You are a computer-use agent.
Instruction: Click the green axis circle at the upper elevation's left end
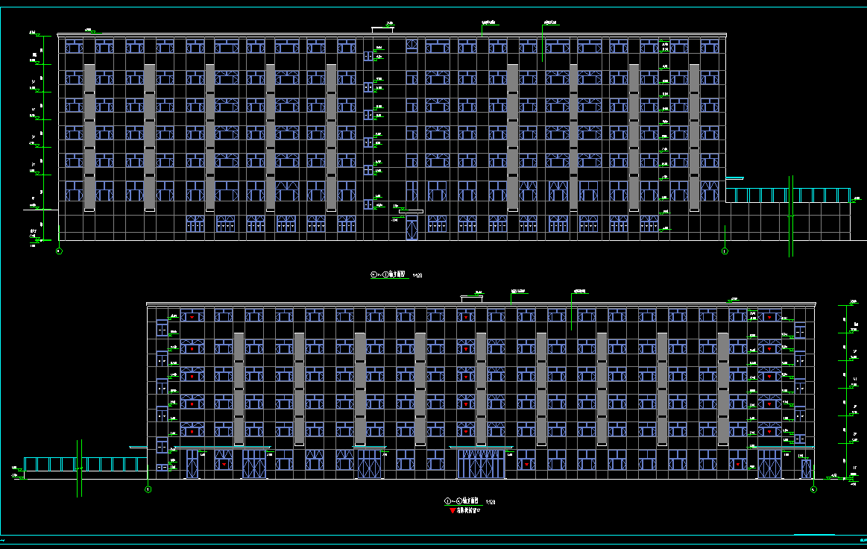59,252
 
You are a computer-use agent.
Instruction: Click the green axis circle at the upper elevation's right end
725,252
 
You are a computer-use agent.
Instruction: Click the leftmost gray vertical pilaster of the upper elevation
89,137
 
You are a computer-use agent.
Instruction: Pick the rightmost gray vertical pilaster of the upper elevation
694,137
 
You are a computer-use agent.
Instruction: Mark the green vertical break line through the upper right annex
791,216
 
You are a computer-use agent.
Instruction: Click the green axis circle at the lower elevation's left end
148,490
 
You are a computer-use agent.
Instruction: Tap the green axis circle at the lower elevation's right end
813,490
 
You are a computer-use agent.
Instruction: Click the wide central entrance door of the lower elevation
481,464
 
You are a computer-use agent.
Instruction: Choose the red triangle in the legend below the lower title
452,512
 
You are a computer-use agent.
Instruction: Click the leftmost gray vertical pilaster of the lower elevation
239,388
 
